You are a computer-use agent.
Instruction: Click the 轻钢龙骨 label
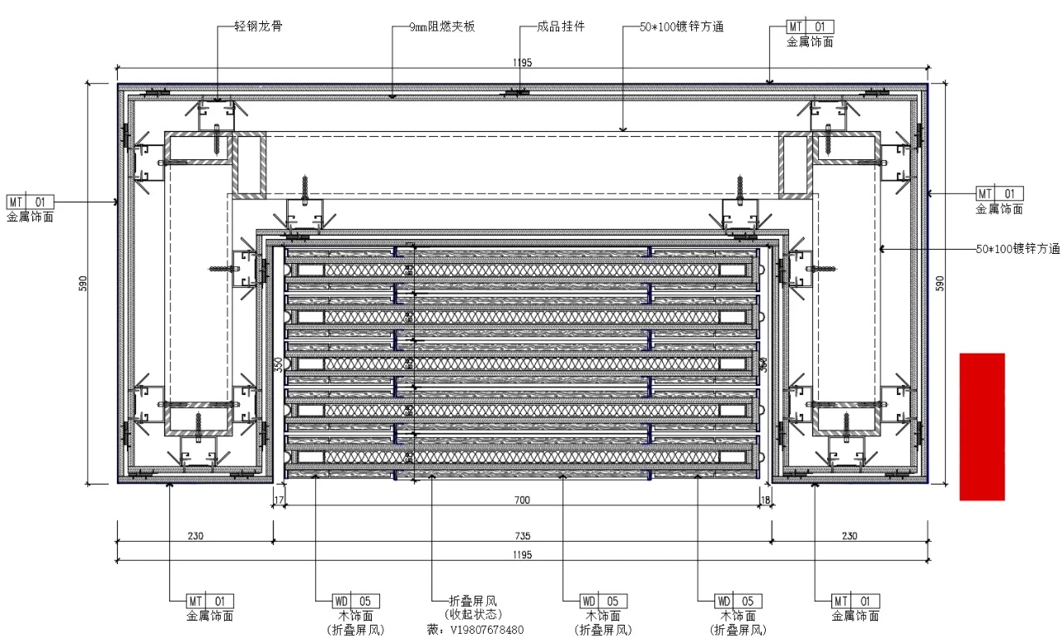pos(259,27)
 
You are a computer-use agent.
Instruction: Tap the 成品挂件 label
pos(561,27)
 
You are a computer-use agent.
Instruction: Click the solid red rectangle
pos(982,426)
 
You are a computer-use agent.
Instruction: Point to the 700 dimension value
pos(522,499)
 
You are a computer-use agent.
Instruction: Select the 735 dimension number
pos(522,536)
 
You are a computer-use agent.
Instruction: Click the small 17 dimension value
pos(279,499)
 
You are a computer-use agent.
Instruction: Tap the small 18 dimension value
pos(765,499)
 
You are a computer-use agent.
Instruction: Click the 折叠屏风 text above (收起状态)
pos(472,601)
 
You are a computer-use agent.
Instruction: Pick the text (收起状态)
pos(472,615)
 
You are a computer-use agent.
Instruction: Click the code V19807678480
pos(486,630)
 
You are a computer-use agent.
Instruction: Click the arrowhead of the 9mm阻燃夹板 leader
pos(393,97)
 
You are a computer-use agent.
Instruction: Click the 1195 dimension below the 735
pos(522,555)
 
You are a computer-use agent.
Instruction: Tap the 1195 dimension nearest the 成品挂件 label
pos(522,62)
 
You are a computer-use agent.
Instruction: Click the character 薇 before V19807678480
pos(431,630)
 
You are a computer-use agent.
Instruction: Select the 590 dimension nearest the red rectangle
pos(939,283)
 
